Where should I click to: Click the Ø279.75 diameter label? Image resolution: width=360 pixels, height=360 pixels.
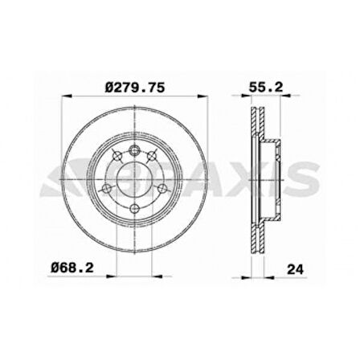(135, 88)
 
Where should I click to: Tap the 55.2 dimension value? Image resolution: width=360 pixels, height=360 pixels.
(266, 88)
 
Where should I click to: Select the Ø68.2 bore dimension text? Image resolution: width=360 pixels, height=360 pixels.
(72, 268)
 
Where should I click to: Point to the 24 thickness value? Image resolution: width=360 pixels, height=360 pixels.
(296, 269)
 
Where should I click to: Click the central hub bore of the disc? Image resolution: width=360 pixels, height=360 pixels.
(134, 179)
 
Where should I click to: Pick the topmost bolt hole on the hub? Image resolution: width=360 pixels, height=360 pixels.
(134, 150)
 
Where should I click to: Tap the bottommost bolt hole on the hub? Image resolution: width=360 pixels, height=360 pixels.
(134, 208)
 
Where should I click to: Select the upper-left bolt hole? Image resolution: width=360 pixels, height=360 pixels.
(117, 155)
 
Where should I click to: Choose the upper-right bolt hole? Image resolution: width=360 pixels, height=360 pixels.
(152, 155)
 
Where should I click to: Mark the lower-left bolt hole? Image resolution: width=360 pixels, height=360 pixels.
(108, 189)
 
